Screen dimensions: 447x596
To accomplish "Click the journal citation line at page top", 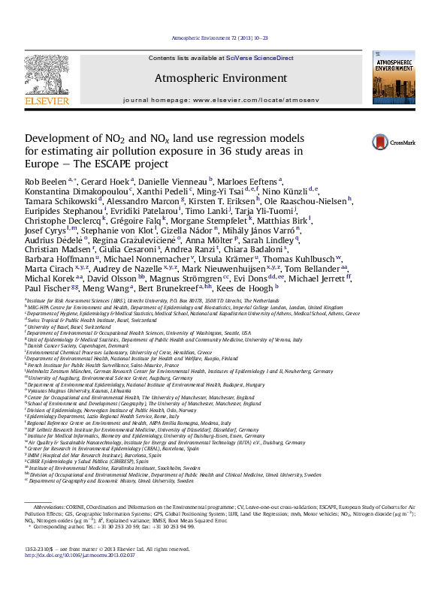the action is point(222,37).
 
